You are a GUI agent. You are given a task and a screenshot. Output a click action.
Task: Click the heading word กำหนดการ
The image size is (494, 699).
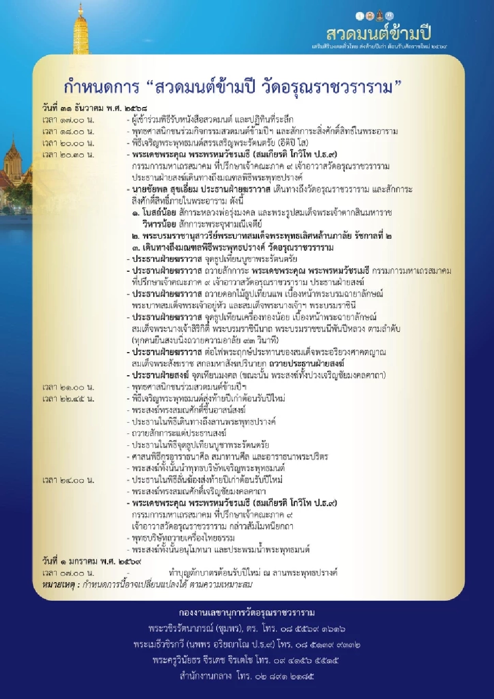coord(101,87)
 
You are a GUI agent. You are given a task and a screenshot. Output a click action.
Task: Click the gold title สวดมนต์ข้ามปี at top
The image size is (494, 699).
coord(378,33)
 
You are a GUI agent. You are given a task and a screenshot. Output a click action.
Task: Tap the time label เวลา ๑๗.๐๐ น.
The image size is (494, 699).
coord(68,120)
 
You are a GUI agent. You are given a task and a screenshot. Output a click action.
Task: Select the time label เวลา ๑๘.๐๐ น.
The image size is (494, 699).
coord(68,131)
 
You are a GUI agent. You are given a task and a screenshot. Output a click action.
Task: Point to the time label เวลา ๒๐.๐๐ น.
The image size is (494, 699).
coord(68,143)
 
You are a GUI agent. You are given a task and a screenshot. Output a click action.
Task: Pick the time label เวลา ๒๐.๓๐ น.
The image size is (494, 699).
coord(68,154)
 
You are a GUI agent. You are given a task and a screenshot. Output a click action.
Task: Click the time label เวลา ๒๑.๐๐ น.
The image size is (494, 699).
coord(68,387)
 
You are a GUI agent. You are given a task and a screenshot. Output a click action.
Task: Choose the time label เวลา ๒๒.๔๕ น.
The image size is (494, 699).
coord(68,398)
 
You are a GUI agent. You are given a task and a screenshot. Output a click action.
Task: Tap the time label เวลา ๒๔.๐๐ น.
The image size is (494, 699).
coord(68,480)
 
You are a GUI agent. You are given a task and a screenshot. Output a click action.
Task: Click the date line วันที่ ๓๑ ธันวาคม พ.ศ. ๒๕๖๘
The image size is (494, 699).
coord(95,108)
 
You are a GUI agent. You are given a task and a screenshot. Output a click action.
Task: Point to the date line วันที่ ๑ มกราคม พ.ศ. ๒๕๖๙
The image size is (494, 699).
coord(92,561)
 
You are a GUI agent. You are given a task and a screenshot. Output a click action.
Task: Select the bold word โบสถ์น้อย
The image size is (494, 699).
coord(159,213)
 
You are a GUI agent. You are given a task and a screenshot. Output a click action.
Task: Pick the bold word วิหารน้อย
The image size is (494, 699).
coord(159,224)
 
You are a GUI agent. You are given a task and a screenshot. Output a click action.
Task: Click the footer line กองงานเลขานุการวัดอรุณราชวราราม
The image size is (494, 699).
coord(247,613)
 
